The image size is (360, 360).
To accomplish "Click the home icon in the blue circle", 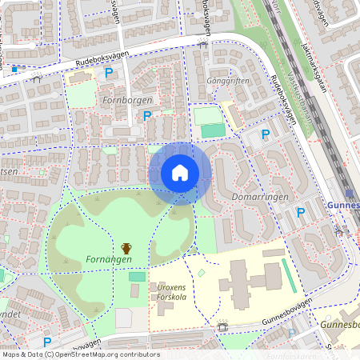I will point(180,173).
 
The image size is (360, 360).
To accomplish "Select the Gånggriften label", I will point(230,81).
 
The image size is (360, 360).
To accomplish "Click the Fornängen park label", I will point(108,260).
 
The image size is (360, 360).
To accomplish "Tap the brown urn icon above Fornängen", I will point(126,248).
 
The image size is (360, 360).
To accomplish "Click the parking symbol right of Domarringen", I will point(301,213).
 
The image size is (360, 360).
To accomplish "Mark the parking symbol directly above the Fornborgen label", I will point(109,74).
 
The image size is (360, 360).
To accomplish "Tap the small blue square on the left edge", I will point(14,70).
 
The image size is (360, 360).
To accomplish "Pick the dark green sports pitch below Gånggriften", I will point(213,130).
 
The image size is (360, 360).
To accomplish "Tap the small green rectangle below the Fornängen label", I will point(138,276).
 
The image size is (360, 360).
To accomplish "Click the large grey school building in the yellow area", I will point(250,279).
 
